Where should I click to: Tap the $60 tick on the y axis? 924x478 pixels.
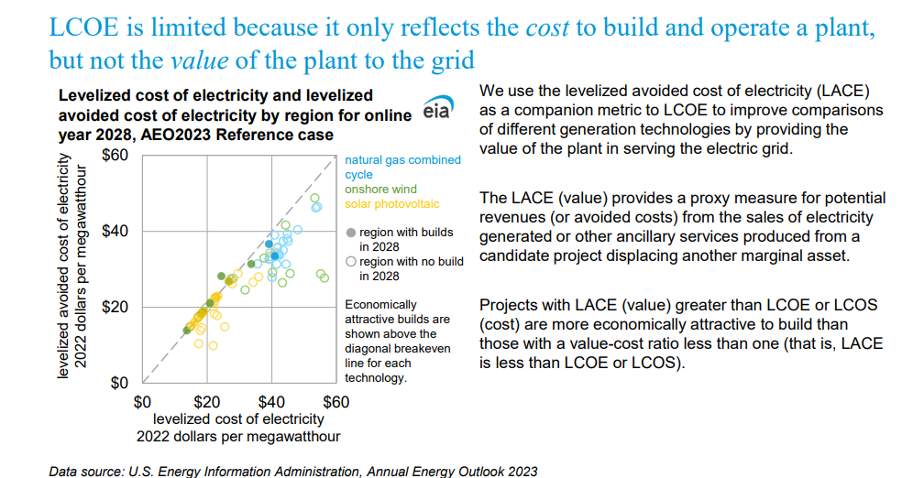pos(116,155)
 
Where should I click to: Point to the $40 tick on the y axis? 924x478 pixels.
pos(116,231)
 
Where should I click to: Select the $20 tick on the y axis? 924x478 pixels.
pos(116,306)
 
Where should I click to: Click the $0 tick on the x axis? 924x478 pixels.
pos(143,401)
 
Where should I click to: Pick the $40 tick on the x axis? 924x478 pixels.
pos(271,401)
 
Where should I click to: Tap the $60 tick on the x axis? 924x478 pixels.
pos(335,401)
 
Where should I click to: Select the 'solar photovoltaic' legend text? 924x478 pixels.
pos(392,204)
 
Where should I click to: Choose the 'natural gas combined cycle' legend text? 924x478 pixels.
pos(401,160)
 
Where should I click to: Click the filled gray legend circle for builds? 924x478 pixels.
pos(350,234)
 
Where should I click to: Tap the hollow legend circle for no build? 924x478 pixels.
pos(350,262)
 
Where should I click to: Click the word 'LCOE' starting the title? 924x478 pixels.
pos(84,27)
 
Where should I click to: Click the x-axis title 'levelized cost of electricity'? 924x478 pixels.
pos(238,418)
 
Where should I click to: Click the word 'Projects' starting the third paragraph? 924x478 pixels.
pos(510,304)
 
